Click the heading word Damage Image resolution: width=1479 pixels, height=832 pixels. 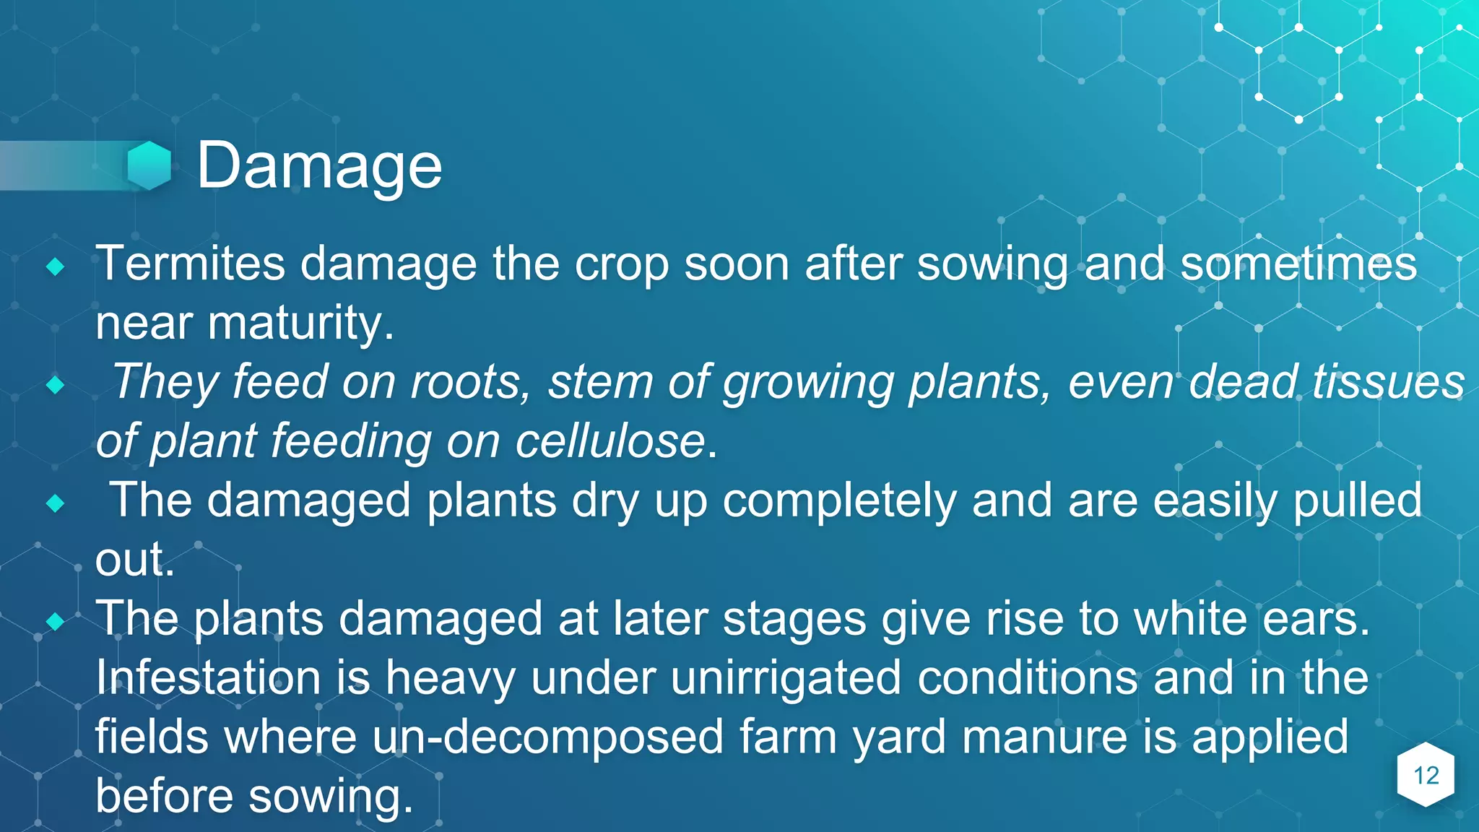319,167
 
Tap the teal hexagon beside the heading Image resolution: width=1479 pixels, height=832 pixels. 149,165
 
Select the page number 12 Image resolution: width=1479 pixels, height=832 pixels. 1426,776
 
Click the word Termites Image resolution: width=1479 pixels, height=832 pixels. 191,264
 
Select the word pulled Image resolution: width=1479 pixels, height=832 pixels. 1357,500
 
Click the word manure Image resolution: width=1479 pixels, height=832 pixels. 1044,737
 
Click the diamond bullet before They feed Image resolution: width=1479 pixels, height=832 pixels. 56,386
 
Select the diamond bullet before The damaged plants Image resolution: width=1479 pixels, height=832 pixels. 56,503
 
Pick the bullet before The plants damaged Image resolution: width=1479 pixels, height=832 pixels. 56,621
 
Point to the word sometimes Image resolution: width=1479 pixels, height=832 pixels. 1298,264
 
